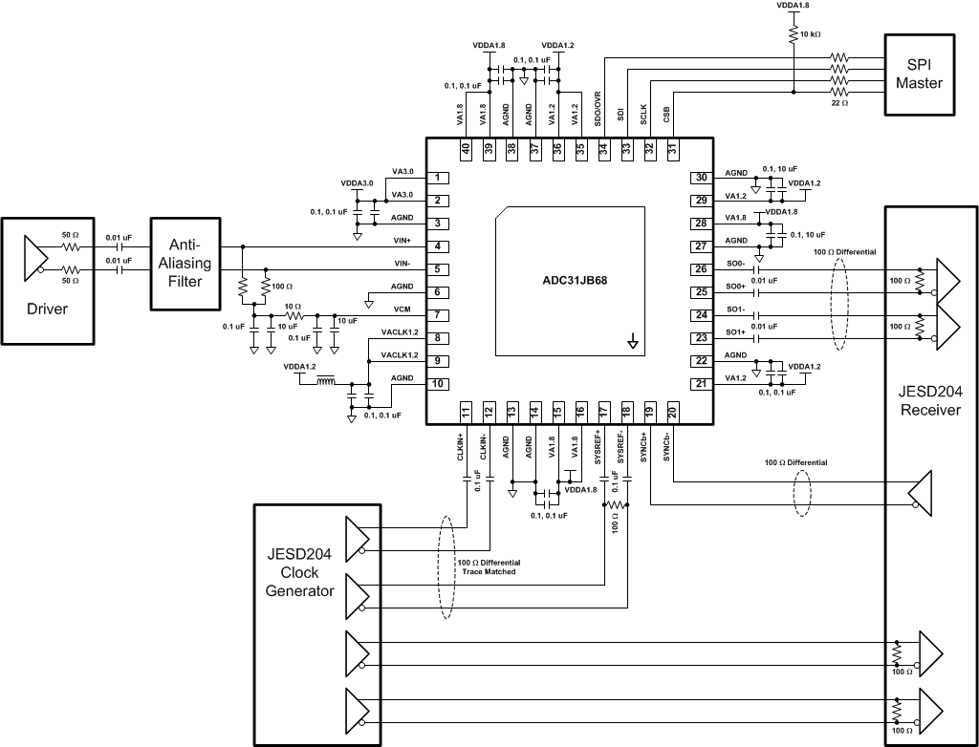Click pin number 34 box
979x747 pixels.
(603, 149)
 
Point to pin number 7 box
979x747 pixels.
(436, 315)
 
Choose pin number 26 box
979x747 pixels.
(701, 269)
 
